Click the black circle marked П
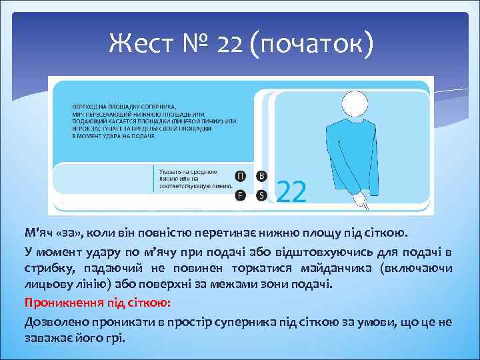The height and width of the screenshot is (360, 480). point(240,176)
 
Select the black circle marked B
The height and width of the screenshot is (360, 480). point(262,176)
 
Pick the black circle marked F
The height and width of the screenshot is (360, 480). point(240,195)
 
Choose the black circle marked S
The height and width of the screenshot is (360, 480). point(262,195)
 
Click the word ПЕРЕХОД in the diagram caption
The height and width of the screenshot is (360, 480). point(87,107)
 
